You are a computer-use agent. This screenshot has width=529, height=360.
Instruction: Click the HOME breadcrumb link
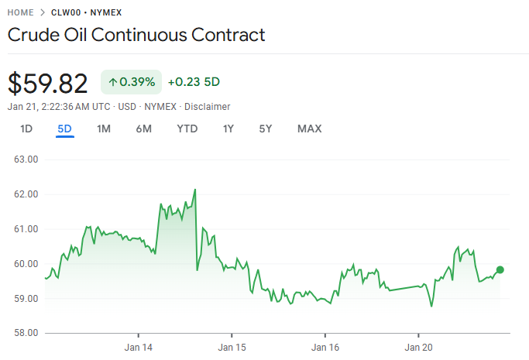tap(22, 13)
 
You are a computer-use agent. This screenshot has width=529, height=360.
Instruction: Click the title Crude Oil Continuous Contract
tap(136, 35)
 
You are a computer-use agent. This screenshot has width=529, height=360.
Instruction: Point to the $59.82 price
tap(48, 83)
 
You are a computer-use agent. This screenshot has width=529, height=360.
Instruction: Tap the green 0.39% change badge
tap(131, 82)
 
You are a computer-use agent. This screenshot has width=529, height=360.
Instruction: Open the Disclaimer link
tap(207, 106)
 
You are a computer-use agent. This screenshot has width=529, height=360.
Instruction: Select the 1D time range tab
tap(26, 129)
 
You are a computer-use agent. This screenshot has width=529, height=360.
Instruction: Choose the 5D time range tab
tap(64, 129)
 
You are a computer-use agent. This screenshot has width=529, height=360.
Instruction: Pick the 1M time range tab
tap(104, 129)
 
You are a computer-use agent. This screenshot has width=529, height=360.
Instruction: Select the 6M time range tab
tap(143, 129)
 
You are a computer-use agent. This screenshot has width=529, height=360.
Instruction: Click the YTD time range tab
tap(187, 129)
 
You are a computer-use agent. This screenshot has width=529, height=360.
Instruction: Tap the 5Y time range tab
tap(266, 129)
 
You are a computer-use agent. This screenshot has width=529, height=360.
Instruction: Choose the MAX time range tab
tap(309, 129)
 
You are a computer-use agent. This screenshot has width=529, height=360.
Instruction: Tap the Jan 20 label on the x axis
tap(418, 348)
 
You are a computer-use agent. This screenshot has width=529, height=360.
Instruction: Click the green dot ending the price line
tap(500, 269)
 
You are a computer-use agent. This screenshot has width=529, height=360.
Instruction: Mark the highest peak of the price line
tap(195, 189)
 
